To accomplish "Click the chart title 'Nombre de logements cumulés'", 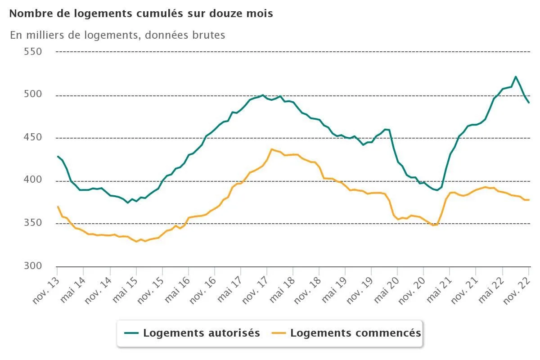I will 141,13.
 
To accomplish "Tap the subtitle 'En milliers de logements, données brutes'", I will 117,35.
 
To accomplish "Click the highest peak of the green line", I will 516,76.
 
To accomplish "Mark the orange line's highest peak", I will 272,149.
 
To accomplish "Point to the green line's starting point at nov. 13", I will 58,156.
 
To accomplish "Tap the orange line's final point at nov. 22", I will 529,200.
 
